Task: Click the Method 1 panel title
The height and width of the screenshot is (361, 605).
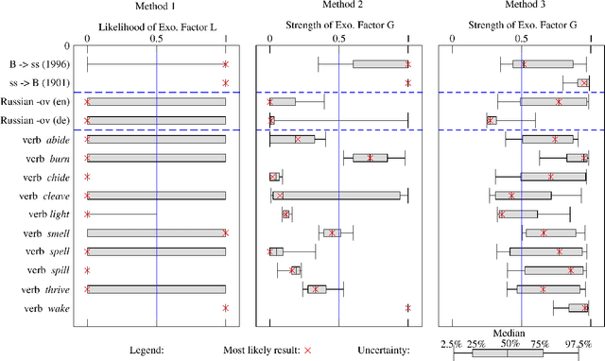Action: pyautogui.click(x=156, y=8)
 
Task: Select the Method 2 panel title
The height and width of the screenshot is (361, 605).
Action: pyautogui.click(x=338, y=8)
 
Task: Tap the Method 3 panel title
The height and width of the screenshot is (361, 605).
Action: pyautogui.click(x=521, y=8)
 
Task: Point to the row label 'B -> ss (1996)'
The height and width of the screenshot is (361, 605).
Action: pyautogui.click(x=38, y=64)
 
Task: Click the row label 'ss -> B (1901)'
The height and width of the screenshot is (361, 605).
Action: pyautogui.click(x=38, y=83)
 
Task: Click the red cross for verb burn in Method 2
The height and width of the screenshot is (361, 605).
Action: pyautogui.click(x=371, y=158)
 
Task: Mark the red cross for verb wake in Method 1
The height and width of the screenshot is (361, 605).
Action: pyautogui.click(x=226, y=308)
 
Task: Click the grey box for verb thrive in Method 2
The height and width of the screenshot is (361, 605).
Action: pyautogui.click(x=317, y=289)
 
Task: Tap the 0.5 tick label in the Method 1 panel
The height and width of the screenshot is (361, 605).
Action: pyautogui.click(x=156, y=41)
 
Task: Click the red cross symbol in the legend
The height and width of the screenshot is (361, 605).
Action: pyautogui.click(x=306, y=350)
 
